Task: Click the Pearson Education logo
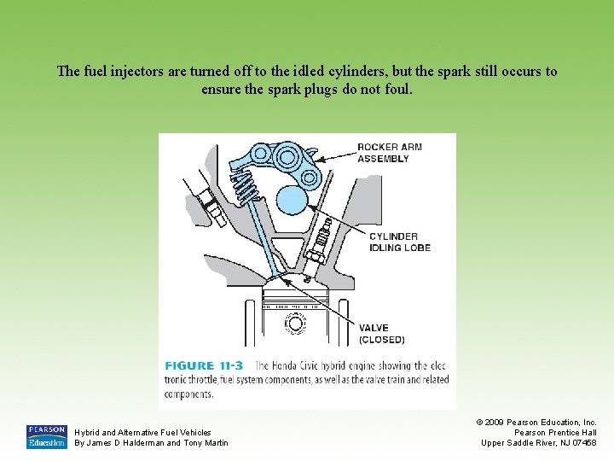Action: pos(47,437)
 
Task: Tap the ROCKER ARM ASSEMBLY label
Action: pos(390,153)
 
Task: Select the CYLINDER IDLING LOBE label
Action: pos(400,242)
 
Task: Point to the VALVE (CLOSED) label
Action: pos(382,334)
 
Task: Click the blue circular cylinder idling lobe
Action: pos(293,200)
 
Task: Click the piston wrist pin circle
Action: pos(295,324)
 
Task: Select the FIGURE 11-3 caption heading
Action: pos(204,365)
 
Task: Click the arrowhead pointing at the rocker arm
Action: pos(320,160)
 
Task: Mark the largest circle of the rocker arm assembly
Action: pos(287,157)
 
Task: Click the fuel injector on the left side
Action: pos(207,200)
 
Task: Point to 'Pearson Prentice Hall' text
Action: pos(555,432)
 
